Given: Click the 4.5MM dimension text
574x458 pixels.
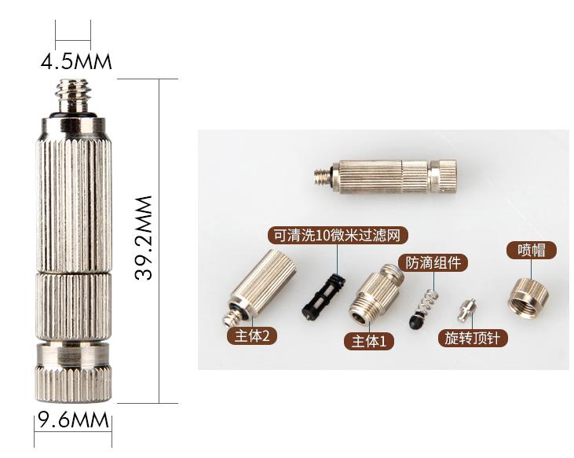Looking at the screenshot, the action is coord(76,61).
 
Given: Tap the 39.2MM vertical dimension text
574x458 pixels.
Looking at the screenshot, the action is coord(144,238).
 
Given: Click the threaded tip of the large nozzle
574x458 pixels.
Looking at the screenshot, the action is coord(73,96).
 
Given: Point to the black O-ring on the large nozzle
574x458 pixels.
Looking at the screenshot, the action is coord(73,115).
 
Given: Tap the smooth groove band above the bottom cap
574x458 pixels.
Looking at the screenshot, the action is coord(73,354).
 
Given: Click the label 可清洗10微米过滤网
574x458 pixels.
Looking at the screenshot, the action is coord(338,236).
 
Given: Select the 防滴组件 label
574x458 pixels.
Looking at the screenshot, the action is coord(433,262).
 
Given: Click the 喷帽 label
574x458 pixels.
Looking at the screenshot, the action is coord(532,251).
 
